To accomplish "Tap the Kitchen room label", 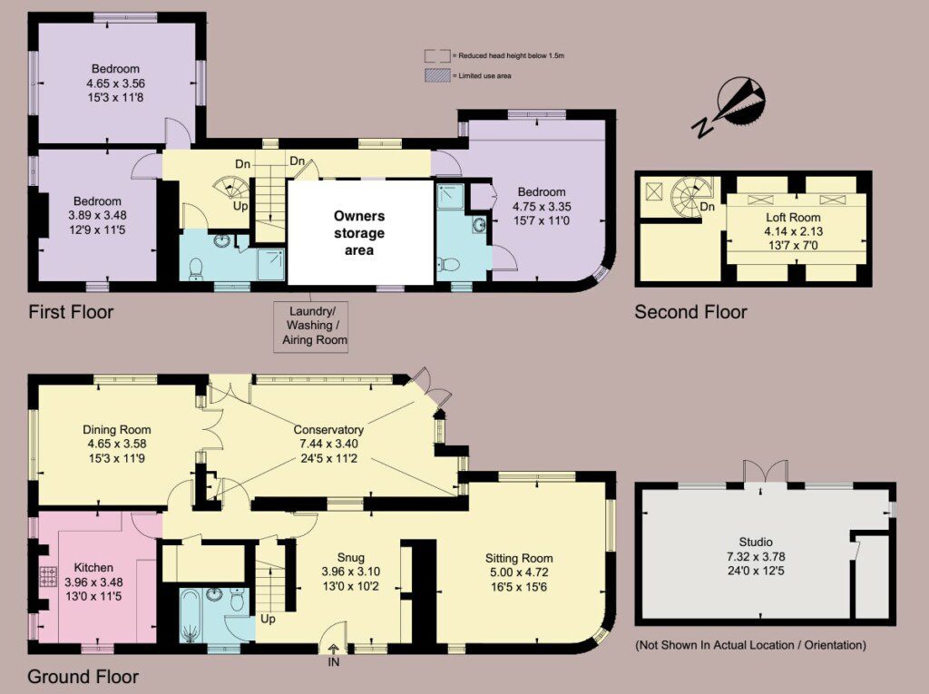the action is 93,568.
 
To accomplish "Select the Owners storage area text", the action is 359,233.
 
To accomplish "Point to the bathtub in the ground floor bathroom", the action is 191,616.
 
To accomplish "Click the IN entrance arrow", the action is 334,649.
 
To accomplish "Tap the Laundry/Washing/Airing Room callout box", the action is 310,327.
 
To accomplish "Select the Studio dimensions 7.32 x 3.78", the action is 756,556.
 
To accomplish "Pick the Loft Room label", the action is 793,217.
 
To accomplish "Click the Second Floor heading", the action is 690,312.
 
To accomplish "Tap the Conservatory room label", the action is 328,430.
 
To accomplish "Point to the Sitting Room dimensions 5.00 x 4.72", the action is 519,572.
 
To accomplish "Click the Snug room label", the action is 351,558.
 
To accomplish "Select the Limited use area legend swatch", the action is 436,75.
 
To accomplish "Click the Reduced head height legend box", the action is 436,55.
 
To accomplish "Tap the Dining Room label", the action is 117,430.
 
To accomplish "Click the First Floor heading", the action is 71,312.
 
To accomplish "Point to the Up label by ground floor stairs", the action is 268,620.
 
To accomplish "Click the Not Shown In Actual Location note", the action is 750,645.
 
